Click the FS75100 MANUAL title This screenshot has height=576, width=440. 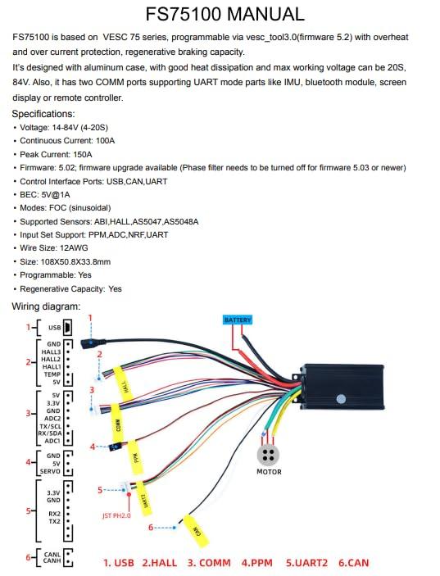[x=225, y=14]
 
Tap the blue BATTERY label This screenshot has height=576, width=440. [x=238, y=320]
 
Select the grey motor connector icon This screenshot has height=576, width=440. [x=268, y=455]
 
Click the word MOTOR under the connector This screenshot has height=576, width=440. [x=269, y=472]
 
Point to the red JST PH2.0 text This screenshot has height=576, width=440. [x=116, y=515]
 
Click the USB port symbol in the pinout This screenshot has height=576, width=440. [x=67, y=327]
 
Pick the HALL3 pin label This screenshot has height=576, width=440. [x=51, y=351]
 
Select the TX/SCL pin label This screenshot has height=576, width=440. [x=51, y=426]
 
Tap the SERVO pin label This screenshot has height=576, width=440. [x=50, y=471]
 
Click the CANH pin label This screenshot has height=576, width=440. [x=52, y=560]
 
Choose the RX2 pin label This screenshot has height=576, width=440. [x=54, y=514]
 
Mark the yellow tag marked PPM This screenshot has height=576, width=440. [x=136, y=457]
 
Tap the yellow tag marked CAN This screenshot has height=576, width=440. [x=196, y=531]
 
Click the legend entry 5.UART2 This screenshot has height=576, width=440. [x=306, y=563]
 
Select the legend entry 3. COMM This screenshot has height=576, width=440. [x=209, y=563]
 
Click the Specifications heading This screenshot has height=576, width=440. [x=43, y=114]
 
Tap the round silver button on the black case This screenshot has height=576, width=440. [x=341, y=399]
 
